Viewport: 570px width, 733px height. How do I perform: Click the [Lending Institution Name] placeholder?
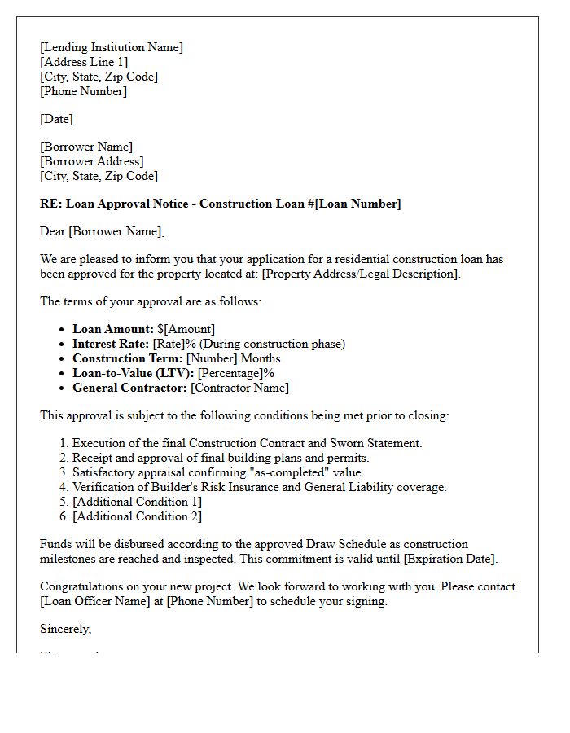(x=112, y=47)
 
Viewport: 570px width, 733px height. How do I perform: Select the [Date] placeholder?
(x=56, y=119)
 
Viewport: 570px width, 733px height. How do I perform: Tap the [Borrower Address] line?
(x=91, y=161)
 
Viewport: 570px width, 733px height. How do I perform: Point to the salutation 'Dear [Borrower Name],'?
(x=102, y=231)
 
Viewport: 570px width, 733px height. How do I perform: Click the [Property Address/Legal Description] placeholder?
(x=361, y=274)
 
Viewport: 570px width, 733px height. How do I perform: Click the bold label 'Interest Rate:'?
(x=111, y=344)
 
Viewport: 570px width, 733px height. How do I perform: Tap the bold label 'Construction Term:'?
(x=127, y=358)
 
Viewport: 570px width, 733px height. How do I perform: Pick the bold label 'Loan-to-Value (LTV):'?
(x=133, y=373)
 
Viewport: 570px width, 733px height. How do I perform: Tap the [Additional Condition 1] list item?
(x=137, y=502)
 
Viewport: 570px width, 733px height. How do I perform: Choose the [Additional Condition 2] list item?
(x=137, y=516)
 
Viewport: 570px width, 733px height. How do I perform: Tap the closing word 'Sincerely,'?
(x=66, y=629)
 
